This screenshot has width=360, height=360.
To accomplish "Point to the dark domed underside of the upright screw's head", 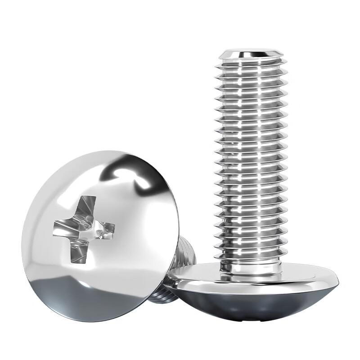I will (x=252, y=301).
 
